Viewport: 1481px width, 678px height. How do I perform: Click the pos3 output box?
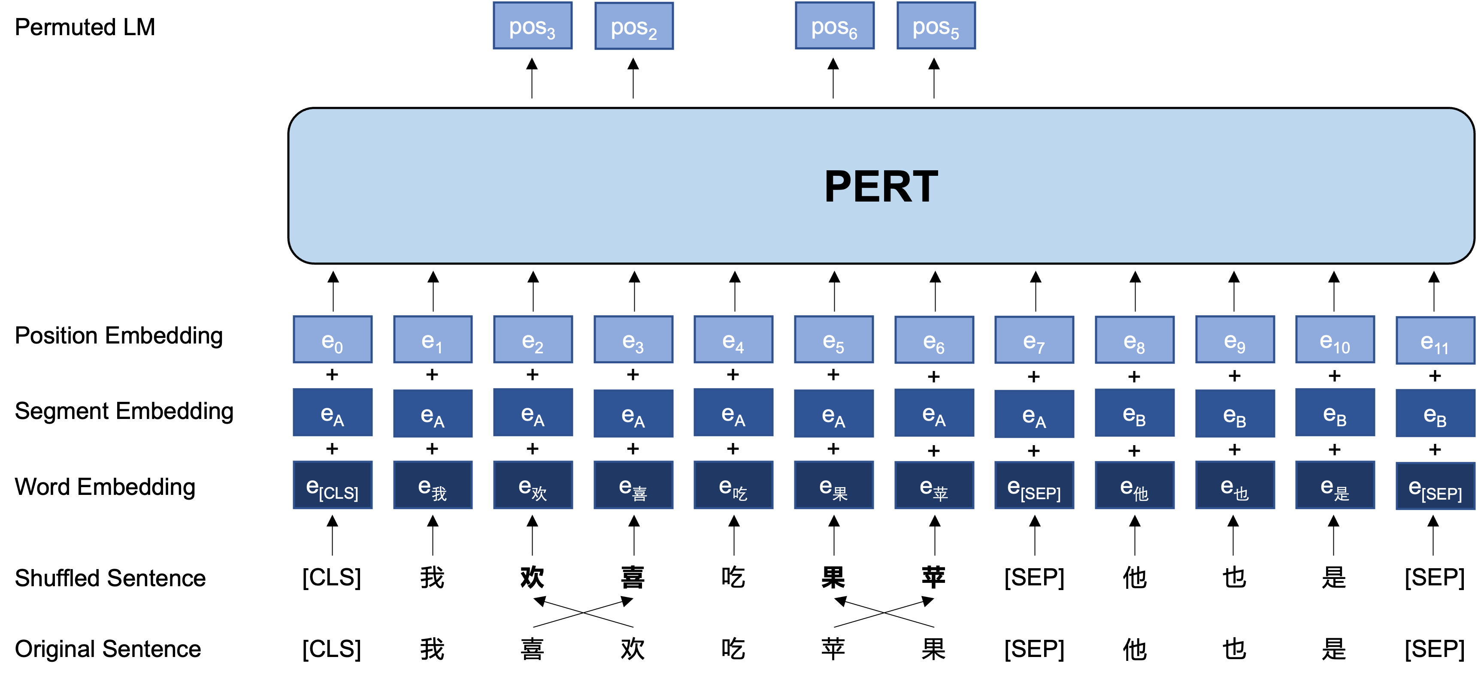point(533,26)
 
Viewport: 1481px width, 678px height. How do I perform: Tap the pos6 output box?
point(834,26)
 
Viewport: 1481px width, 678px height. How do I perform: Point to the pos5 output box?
point(936,26)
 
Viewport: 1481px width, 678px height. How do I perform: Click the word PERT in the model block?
point(881,186)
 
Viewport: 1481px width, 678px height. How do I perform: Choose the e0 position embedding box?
point(332,340)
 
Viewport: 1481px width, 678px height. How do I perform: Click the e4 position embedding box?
point(733,340)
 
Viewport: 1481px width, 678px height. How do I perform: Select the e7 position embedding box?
point(1034,340)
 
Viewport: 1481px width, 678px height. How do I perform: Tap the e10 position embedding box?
point(1334,340)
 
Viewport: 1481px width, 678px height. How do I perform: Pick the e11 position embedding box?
point(1435,341)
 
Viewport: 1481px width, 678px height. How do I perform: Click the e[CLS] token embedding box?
point(332,485)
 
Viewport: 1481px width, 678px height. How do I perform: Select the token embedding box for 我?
point(432,485)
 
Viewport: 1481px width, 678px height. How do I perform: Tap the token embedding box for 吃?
point(733,485)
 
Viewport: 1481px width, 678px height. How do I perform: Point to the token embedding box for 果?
point(834,485)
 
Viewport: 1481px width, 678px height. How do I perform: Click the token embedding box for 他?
point(1134,485)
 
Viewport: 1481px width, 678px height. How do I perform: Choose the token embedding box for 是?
point(1334,485)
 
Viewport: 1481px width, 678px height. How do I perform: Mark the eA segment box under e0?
point(332,413)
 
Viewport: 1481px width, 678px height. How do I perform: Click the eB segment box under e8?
point(1134,413)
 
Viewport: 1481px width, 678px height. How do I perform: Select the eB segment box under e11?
point(1435,414)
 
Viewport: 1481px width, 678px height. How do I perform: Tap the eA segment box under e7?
point(1034,414)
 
